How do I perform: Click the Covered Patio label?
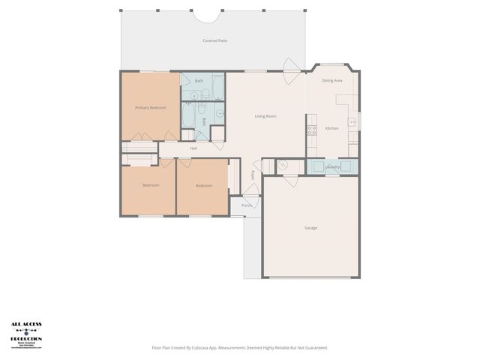coord(214,40)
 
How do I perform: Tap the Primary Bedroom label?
coord(151,108)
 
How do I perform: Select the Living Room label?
coord(265,116)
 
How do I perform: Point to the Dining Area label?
coord(332,79)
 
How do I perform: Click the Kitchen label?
coord(331,128)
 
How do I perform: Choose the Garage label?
coord(310,228)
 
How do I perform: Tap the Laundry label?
coord(333,167)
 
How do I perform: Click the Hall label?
coord(193,148)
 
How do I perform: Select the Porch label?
coord(246,205)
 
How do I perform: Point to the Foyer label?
coord(253,175)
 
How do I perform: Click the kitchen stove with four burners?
coord(311,130)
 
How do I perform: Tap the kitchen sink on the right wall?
coord(352,122)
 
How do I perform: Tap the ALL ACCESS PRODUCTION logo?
coord(26,335)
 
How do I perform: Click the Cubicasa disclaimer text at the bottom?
coord(240,347)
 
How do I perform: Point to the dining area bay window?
coord(333,65)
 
